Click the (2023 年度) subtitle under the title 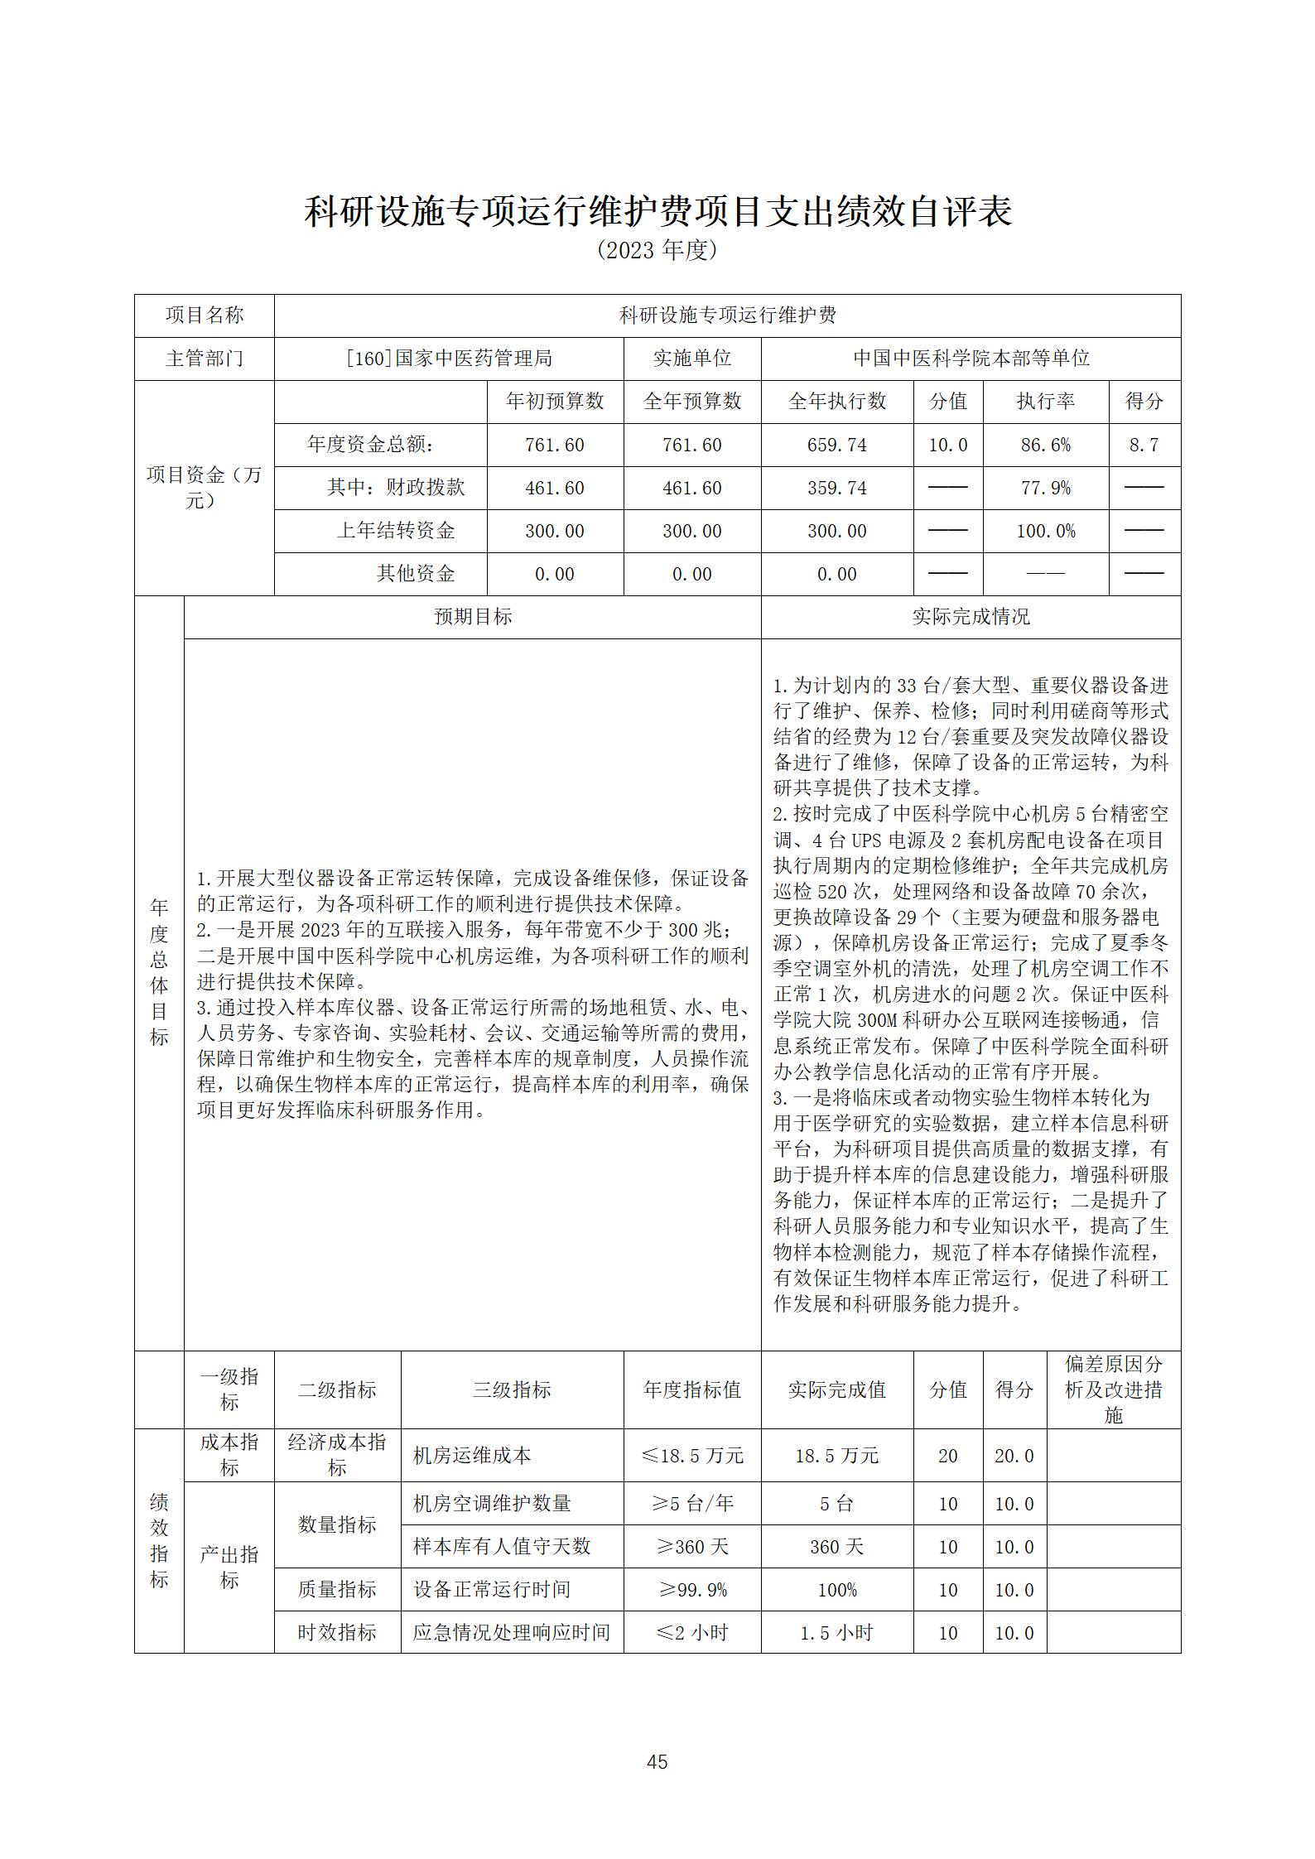(657, 251)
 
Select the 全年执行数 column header (836, 402)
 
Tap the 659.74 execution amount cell (836, 445)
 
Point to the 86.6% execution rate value (1045, 445)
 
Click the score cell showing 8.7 (1144, 445)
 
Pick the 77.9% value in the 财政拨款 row (1045, 489)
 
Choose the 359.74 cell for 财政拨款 (836, 489)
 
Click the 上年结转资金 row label (396, 531)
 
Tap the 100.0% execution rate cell (1045, 532)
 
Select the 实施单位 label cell (691, 359)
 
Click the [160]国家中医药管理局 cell (449, 359)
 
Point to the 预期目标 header (472, 617)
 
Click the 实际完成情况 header (971, 617)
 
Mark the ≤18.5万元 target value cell (691, 1479)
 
